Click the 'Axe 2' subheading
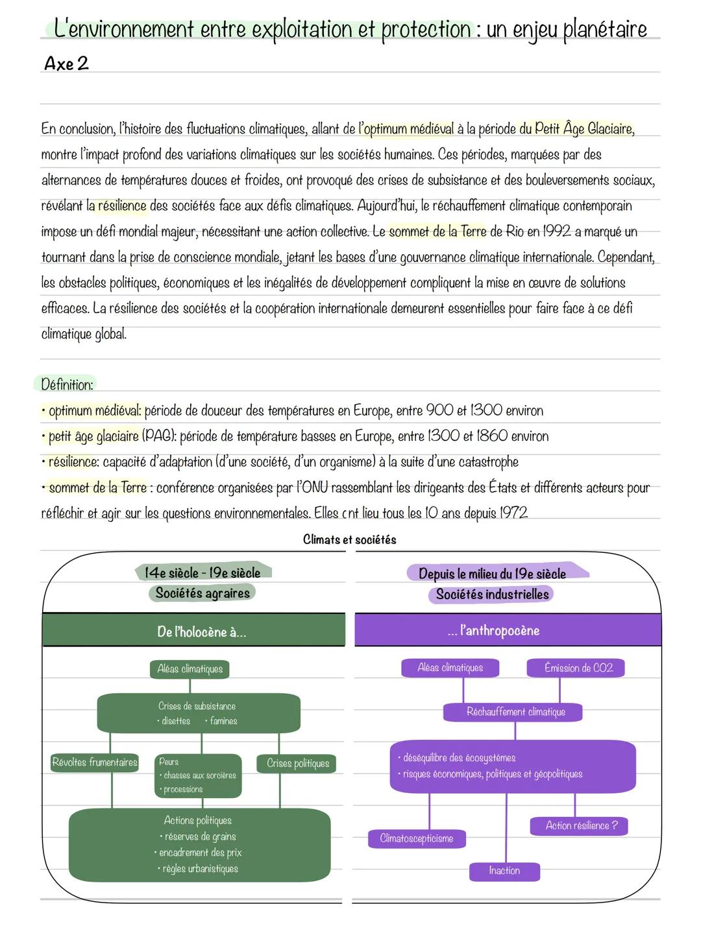[66, 64]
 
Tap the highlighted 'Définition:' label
[67, 384]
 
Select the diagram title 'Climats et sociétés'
[349, 539]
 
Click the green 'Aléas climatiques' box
[190, 669]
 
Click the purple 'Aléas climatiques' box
[450, 668]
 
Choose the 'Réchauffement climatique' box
[515, 712]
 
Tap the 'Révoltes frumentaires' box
[95, 762]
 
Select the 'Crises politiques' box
[298, 763]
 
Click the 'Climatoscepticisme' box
[417, 838]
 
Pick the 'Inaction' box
[504, 871]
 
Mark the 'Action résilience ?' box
[581, 825]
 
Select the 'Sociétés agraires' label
[203, 593]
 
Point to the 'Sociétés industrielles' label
[492, 595]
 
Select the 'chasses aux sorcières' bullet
[199, 775]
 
